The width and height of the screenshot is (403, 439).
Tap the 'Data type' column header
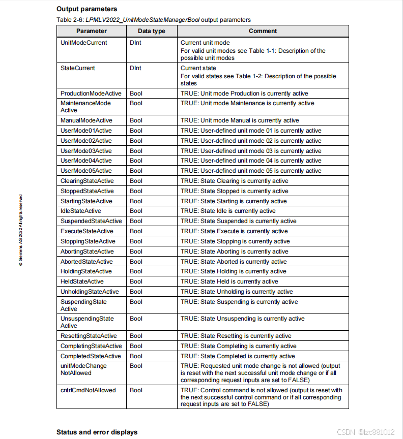click(x=151, y=31)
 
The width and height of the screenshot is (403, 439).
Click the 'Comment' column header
click(x=263, y=31)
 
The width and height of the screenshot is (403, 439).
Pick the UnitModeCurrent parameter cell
click(x=83, y=43)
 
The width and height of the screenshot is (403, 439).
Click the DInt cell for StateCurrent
click(x=135, y=68)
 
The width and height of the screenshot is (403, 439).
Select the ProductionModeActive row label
click(x=91, y=93)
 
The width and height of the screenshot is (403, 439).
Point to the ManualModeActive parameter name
click(x=86, y=120)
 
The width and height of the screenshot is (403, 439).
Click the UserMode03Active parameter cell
click(x=86, y=151)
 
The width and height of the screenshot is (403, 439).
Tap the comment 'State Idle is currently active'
click(x=228, y=211)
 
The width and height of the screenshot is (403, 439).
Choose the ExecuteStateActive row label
click(x=87, y=231)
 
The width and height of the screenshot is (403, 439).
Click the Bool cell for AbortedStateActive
click(x=136, y=262)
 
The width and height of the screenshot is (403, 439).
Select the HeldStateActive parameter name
click(x=82, y=281)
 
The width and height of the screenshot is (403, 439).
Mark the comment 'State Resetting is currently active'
click(x=236, y=336)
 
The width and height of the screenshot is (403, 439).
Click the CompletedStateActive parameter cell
click(x=91, y=356)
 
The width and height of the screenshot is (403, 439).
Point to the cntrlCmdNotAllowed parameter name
click(x=88, y=390)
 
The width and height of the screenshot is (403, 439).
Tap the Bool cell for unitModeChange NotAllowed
click(x=136, y=366)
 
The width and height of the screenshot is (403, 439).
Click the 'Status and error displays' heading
click(x=97, y=432)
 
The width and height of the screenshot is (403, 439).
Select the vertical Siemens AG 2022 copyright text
click(x=20, y=230)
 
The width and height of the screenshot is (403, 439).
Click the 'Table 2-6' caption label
click(x=70, y=20)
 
